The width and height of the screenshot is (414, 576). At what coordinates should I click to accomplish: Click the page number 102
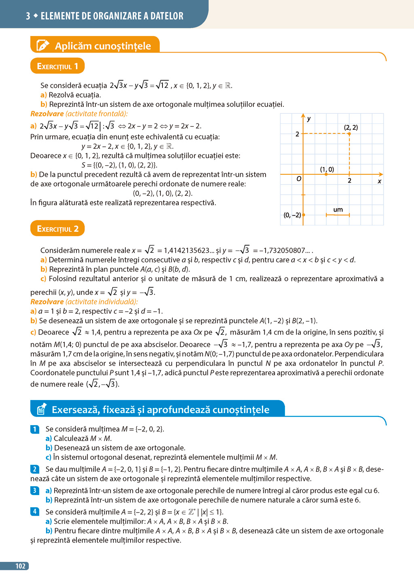20,566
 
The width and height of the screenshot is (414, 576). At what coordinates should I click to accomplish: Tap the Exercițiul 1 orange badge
57,66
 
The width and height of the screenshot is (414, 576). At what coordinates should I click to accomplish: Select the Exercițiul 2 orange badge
57,229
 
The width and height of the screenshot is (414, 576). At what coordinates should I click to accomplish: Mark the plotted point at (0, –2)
304,215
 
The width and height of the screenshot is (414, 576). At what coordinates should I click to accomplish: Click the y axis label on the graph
309,119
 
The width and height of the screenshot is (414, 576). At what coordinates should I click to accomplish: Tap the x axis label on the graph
379,181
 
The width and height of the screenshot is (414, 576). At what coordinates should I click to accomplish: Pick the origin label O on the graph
299,178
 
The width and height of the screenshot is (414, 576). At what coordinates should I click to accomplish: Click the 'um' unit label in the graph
338,210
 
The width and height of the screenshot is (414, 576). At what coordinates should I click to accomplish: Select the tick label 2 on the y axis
297,134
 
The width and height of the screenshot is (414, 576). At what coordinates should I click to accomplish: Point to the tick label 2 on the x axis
350,180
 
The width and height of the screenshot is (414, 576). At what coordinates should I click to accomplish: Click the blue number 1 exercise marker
35,429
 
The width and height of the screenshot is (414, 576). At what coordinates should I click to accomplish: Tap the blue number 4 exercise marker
35,512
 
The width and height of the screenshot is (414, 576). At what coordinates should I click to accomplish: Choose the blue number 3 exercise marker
35,490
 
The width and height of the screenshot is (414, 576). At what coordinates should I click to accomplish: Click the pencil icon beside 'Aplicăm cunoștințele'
42,45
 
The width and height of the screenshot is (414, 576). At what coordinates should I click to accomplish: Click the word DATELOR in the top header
167,16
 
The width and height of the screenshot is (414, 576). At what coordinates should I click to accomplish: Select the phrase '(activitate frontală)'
97,114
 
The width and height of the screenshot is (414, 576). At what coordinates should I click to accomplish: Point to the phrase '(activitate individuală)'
101,302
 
